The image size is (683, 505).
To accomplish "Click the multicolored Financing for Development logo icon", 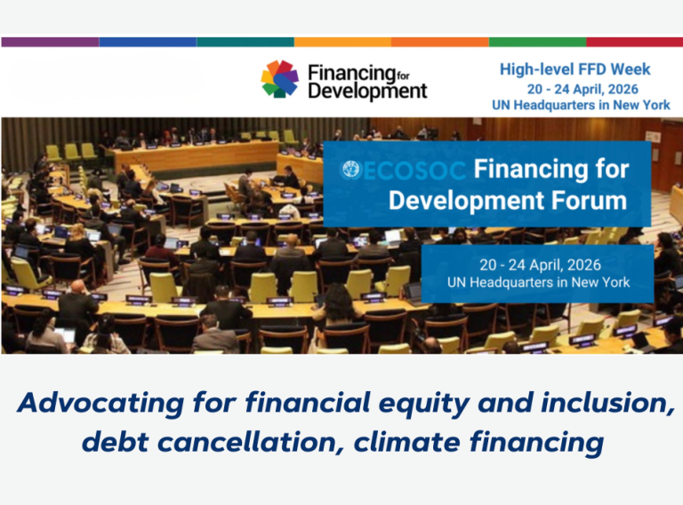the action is coord(279,79).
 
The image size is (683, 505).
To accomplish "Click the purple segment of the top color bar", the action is coord(50,42).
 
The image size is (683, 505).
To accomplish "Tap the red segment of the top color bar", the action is coord(635,42).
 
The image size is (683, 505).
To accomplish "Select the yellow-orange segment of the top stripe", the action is coord(342,42).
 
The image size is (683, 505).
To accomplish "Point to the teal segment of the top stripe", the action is coord(245,42).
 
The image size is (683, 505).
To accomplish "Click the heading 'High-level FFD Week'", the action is coord(575,69).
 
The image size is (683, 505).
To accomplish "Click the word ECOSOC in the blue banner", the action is coord(414,171).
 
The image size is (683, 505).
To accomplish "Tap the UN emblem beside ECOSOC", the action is coord(350,170).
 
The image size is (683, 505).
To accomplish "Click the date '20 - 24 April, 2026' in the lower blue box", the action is coord(540,265).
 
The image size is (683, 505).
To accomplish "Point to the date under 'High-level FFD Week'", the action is coord(583,89).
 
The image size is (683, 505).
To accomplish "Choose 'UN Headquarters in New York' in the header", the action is coord(581,105).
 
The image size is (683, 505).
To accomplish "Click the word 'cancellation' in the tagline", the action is coord(253,442).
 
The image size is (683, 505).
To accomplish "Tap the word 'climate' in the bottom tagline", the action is coord(406,442).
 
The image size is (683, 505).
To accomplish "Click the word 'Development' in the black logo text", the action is coord(367,92).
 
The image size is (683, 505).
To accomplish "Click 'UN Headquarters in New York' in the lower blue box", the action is coord(538,283).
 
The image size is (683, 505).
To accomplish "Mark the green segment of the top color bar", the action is coord(537,42).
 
